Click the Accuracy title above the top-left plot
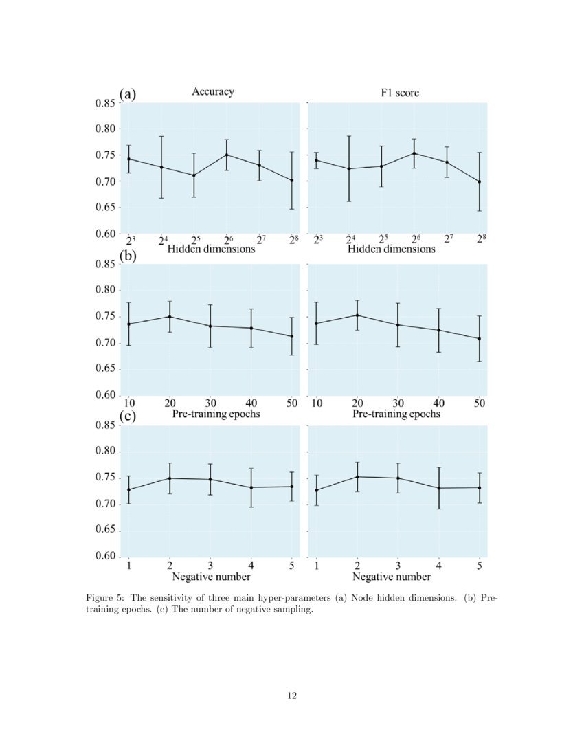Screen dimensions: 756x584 click(x=213, y=92)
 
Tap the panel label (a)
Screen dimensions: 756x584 click(x=128, y=94)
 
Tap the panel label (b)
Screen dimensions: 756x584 click(x=128, y=256)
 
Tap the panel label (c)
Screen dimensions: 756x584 click(x=128, y=417)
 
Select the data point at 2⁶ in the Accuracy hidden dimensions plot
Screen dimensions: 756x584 click(x=227, y=155)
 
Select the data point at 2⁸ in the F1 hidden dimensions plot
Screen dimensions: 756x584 click(x=479, y=181)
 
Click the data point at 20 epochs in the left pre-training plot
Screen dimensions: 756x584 click(x=170, y=317)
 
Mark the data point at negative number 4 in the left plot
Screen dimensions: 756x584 click(x=251, y=487)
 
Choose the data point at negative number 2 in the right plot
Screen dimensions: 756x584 click(x=357, y=476)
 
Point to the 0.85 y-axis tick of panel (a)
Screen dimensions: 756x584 click(x=104, y=103)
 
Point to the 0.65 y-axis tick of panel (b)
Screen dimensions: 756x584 click(x=104, y=369)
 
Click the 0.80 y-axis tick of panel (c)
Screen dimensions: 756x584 click(x=104, y=452)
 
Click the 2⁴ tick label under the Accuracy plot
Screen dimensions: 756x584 click(x=162, y=241)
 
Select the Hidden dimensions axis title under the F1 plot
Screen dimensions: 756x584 click(x=391, y=249)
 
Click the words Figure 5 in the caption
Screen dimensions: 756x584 click(x=104, y=598)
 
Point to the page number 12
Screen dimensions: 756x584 click(x=292, y=696)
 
